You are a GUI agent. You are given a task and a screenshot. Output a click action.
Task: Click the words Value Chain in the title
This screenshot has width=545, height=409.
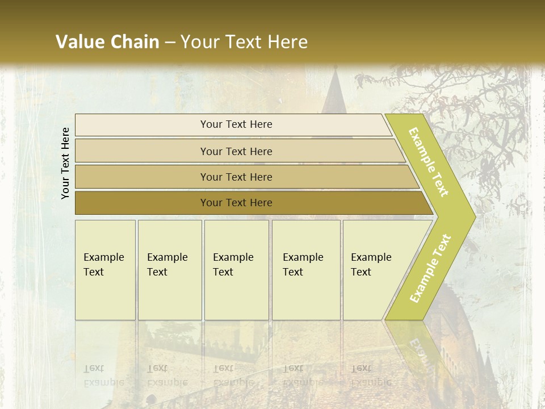tap(107, 42)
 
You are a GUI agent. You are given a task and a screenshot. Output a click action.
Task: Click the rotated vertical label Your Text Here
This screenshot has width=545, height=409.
tap(66, 163)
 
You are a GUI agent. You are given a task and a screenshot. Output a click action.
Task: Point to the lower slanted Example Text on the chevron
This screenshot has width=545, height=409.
tap(430, 268)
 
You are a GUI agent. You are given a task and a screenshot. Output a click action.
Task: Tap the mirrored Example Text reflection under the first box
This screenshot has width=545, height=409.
tap(104, 375)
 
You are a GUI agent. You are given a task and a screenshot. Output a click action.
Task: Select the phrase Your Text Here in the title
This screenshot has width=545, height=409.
tap(244, 42)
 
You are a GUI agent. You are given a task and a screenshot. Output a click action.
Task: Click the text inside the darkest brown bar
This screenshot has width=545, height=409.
tap(236, 203)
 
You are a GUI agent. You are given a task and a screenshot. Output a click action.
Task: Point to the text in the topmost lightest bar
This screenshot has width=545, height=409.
tap(236, 124)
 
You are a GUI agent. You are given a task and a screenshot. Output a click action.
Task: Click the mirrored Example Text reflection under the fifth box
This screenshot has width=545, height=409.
tap(371, 375)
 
